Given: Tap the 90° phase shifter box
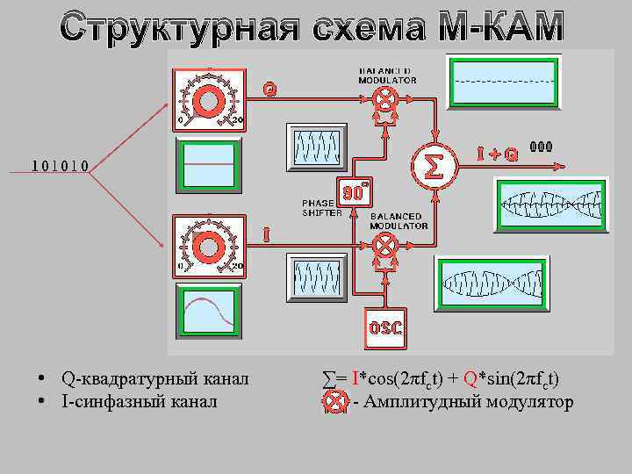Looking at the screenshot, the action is point(353,190).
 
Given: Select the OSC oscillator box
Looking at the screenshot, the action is point(385,327).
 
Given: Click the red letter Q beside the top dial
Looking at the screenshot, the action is point(270,90).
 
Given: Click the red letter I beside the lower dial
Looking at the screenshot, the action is point(266,234).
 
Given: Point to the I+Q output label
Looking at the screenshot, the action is point(498,154).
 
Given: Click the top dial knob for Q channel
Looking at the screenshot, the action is point(209,101).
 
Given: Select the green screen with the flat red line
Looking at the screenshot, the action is point(209,165).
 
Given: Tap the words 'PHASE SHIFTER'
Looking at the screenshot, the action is point(318,208).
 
